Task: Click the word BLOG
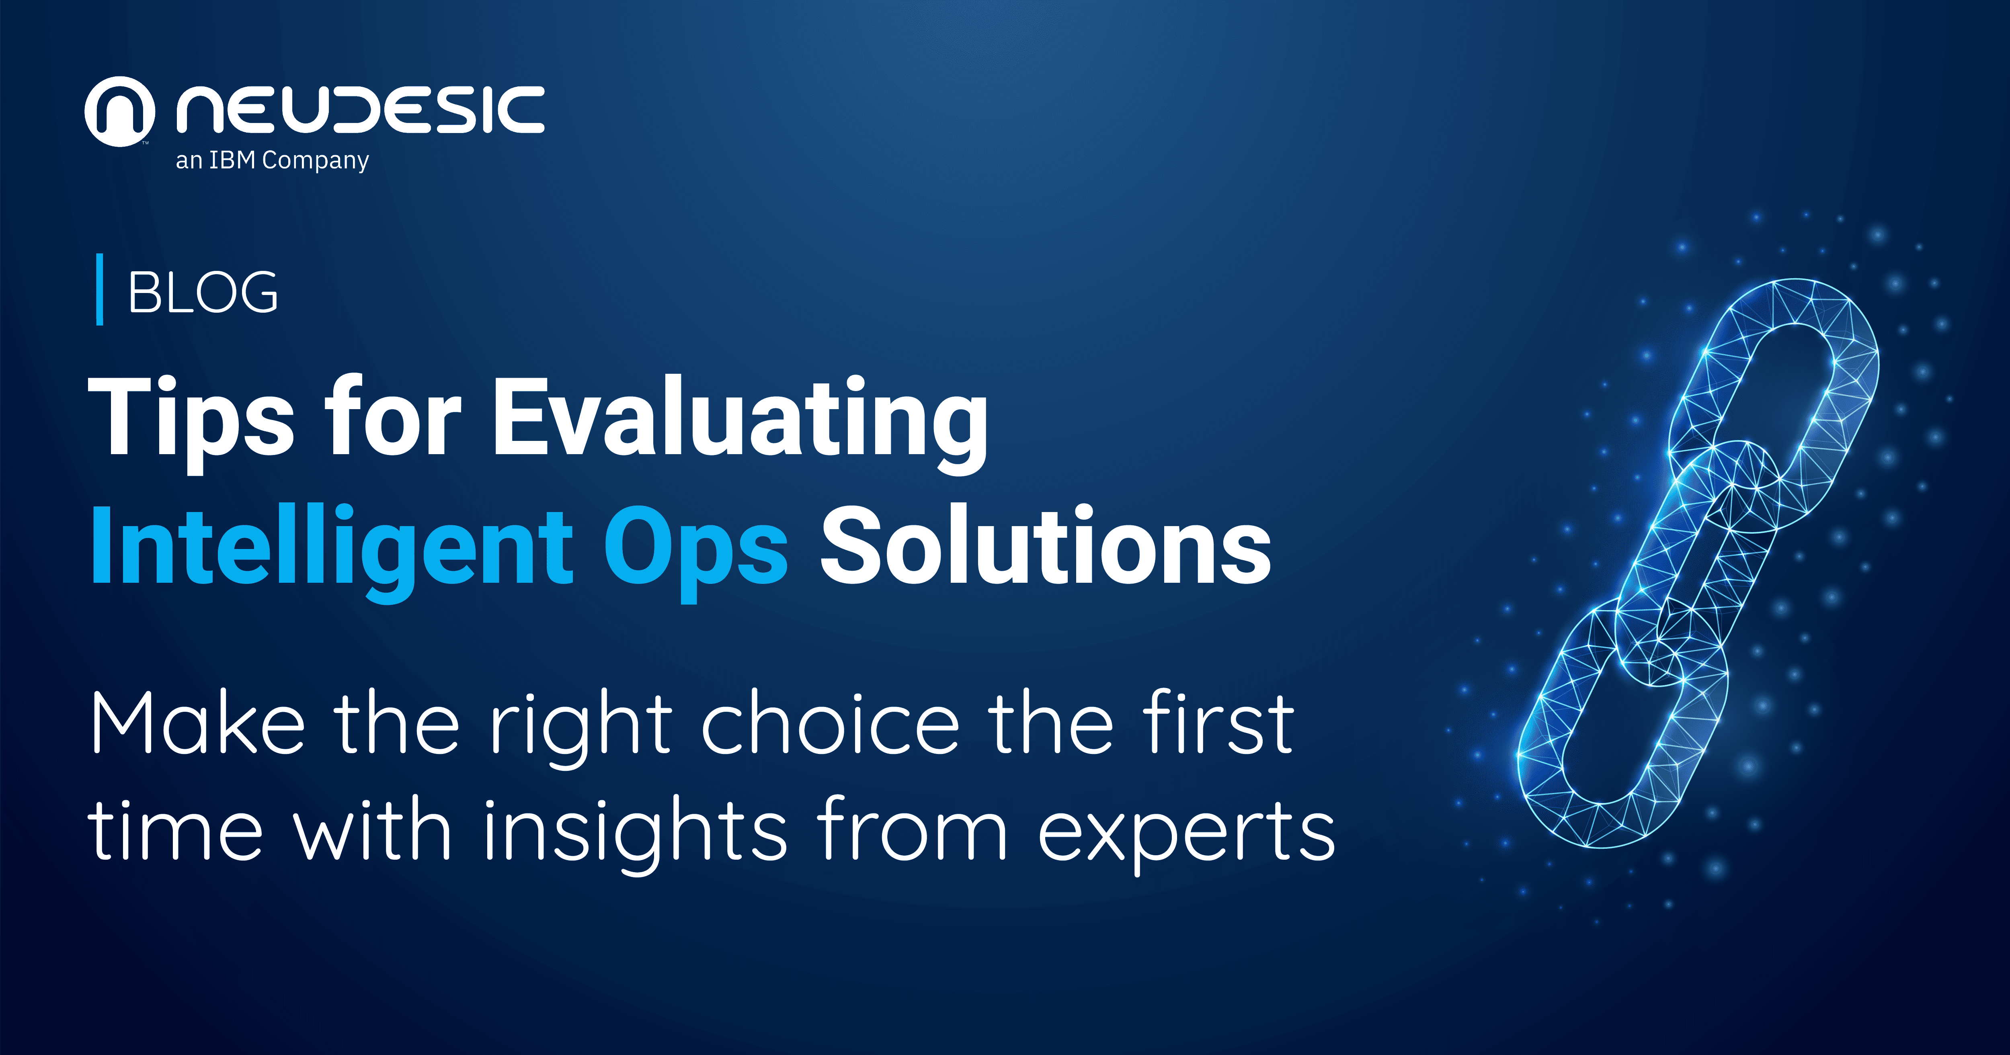[203, 293]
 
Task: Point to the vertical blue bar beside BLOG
[99, 289]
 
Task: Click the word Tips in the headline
[191, 418]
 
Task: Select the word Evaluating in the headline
[740, 418]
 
